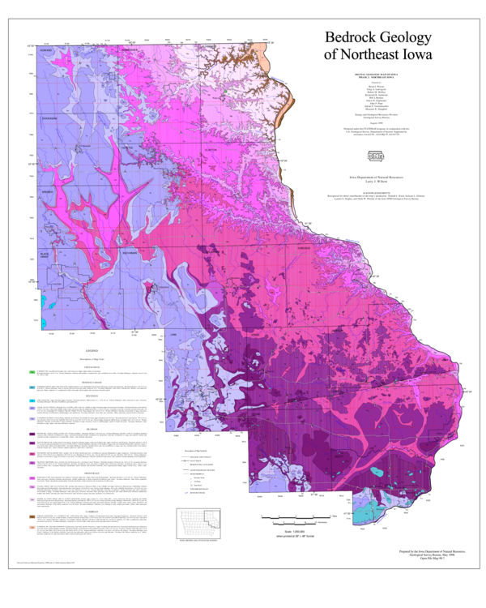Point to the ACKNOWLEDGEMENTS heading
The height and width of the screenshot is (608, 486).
click(372, 191)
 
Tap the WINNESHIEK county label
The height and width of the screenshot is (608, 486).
click(132, 50)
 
